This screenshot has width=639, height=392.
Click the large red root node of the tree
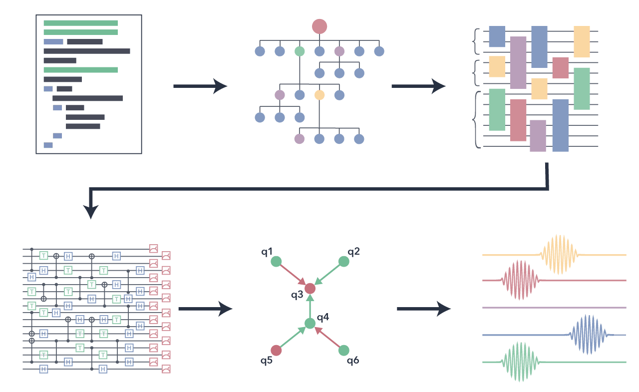click(319, 26)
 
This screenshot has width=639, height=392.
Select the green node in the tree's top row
click(300, 51)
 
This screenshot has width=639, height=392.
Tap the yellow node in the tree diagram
click(319, 95)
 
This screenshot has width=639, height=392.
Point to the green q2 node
click(343, 262)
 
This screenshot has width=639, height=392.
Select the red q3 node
click(310, 288)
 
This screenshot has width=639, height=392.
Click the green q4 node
click(310, 323)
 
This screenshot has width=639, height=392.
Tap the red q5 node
click(276, 350)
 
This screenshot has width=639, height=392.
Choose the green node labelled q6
click(343, 350)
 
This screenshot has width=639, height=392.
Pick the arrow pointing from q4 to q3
click(310, 306)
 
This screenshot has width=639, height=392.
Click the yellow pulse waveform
click(559, 255)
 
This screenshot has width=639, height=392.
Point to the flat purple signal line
click(554, 308)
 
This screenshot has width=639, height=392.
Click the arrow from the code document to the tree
click(200, 86)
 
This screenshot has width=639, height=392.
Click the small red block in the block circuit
click(560, 67)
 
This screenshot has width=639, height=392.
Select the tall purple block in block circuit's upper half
click(518, 62)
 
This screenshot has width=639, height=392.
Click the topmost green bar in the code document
click(81, 23)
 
